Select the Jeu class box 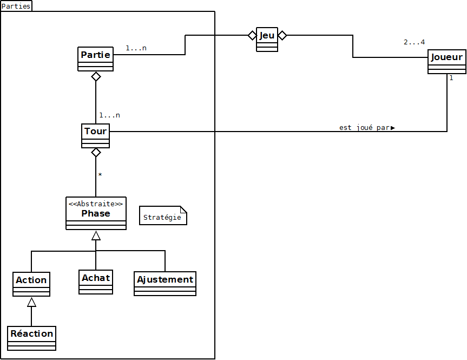[x=267, y=39]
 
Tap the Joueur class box [x=446, y=62]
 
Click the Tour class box [x=95, y=135]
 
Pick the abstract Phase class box [x=96, y=213]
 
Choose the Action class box [x=31, y=284]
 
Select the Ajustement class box [x=165, y=284]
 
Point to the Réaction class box [x=32, y=338]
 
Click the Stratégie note [x=162, y=216]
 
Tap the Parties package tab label [x=16, y=6]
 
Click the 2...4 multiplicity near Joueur [x=414, y=42]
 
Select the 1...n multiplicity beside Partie [x=136, y=48]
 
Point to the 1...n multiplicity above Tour [x=109, y=115]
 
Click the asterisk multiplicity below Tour [x=100, y=175]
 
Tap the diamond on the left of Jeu [x=252, y=35]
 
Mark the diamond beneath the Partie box [x=96, y=76]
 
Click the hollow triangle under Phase [x=96, y=235]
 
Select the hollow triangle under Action [x=31, y=302]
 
